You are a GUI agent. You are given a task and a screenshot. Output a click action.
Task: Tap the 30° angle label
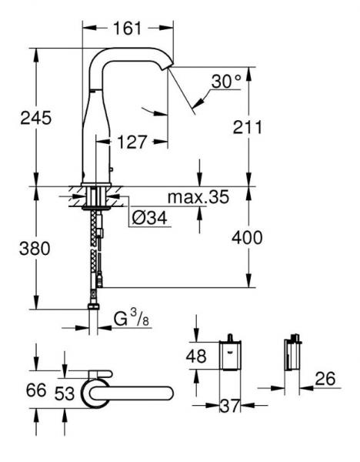click(225, 79)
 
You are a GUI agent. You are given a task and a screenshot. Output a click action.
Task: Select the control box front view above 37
click(228, 357)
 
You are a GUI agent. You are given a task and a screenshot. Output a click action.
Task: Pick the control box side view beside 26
click(290, 356)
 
